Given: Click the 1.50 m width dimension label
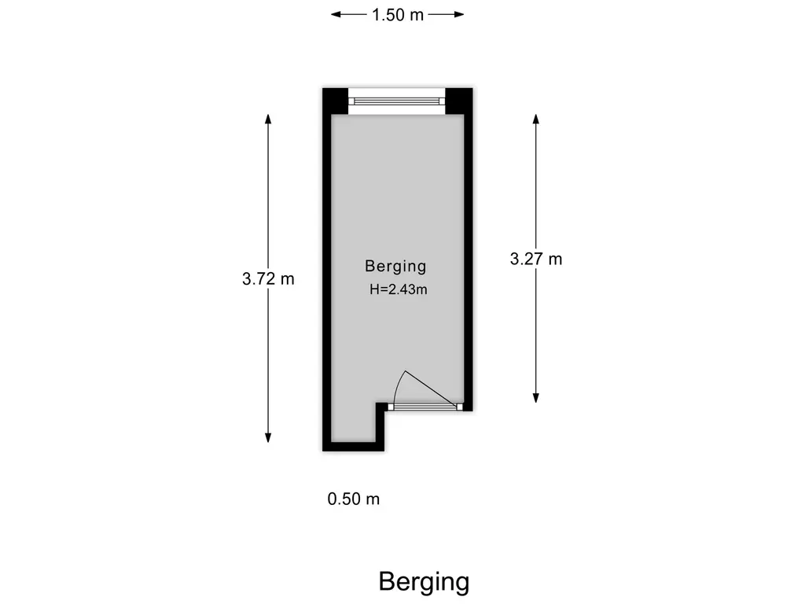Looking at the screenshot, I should [397, 14].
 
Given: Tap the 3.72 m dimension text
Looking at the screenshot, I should [268, 278].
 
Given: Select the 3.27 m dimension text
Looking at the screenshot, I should [536, 258].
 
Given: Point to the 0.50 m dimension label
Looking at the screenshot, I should [354, 499].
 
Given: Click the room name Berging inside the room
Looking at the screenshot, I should [395, 266].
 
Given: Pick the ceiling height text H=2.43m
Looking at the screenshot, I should [398, 289].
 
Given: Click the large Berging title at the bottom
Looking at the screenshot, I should [424, 582].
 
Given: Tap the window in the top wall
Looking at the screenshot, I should [397, 101].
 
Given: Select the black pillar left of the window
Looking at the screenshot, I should [335, 101].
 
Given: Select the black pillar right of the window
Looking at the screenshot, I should [459, 101].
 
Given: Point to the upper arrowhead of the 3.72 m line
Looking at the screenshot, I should [268, 120].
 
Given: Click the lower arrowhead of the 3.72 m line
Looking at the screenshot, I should [268, 437].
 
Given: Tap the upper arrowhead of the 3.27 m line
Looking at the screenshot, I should [536, 120].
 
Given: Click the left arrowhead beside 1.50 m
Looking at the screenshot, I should [336, 14].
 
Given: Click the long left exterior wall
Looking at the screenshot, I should [326, 275].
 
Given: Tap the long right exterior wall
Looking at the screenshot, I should [469, 260].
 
